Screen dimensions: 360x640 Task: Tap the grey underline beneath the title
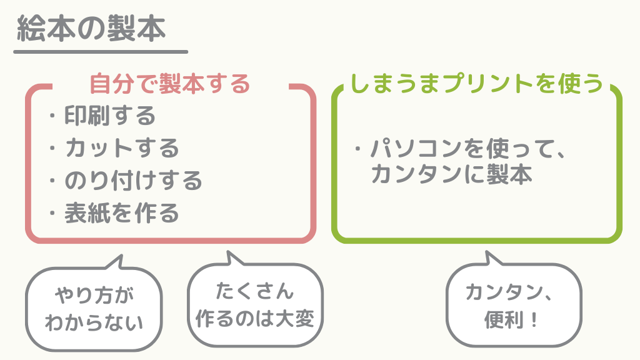tap(100, 52)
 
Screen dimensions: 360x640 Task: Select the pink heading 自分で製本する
tap(169, 83)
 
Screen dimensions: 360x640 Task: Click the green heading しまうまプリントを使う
tap(476, 83)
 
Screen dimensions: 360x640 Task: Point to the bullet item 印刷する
tap(110, 116)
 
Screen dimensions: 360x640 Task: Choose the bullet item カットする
tap(122, 148)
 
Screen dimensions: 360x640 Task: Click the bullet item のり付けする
tap(134, 181)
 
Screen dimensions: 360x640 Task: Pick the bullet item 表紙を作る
tap(122, 213)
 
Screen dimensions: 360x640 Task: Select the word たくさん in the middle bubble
tap(254, 291)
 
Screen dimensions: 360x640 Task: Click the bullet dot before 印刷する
tap(52, 116)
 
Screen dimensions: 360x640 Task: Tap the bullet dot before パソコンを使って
tap(358, 150)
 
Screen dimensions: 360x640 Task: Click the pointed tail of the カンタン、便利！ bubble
tap(490, 258)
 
